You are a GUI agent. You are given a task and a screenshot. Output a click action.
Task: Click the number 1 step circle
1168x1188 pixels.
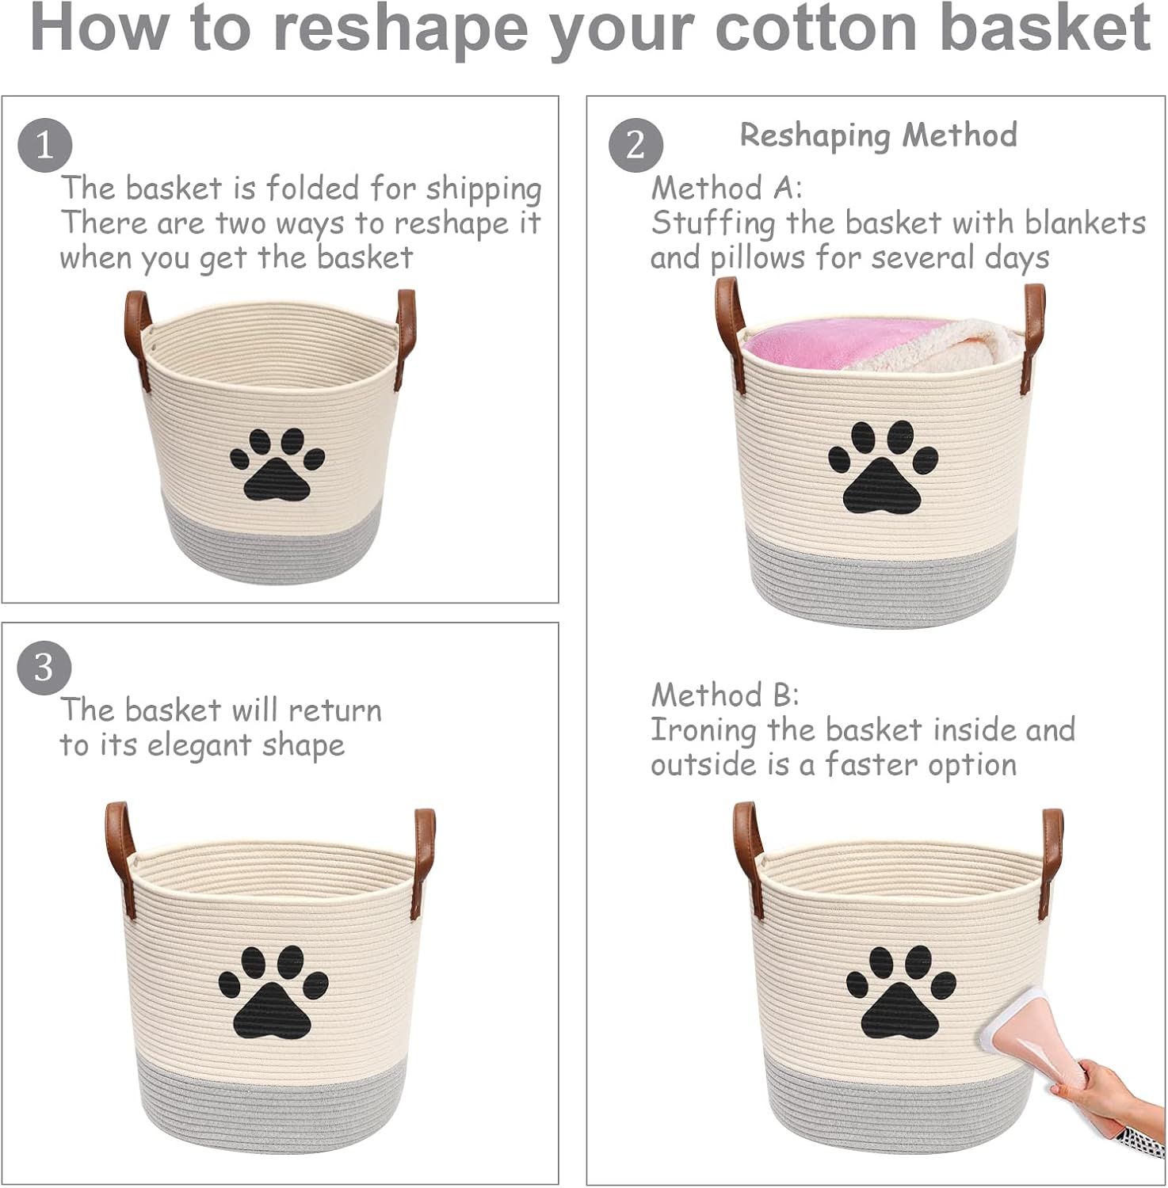[45, 146]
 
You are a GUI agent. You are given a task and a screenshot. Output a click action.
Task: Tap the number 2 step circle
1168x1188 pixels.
[636, 146]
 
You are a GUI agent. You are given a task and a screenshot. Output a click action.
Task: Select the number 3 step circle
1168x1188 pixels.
[44, 668]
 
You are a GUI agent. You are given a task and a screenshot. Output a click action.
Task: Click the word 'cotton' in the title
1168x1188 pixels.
[817, 29]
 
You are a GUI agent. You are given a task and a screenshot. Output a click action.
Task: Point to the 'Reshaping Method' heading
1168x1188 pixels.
[878, 135]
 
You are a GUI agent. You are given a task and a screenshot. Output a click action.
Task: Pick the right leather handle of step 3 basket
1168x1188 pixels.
[424, 863]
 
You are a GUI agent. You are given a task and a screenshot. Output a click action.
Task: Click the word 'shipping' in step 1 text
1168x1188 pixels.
[483, 189]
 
